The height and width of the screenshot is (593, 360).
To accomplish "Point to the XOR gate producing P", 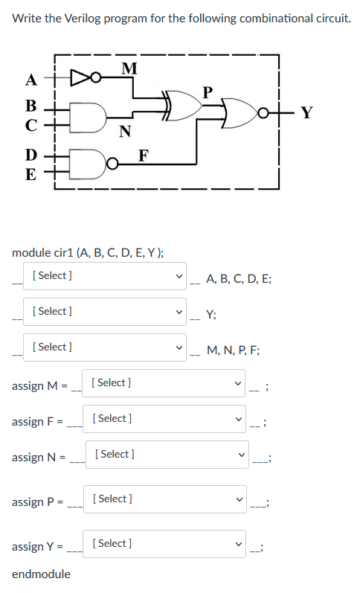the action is tap(182, 105).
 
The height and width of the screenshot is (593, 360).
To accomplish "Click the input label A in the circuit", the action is tap(31, 80).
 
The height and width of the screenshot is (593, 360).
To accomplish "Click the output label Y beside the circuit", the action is tap(306, 112).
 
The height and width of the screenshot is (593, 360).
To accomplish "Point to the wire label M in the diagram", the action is tap(129, 68).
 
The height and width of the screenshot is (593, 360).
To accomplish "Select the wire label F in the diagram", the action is tap(144, 155).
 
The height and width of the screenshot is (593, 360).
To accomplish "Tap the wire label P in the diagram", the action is tap(208, 92).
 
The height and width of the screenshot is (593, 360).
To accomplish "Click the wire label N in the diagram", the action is tap(125, 131).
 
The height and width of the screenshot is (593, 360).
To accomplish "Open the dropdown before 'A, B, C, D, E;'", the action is tap(105, 276).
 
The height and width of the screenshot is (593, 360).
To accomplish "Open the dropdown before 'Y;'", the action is tap(105, 312).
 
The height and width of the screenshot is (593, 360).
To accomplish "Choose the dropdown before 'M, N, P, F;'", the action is tap(105, 347).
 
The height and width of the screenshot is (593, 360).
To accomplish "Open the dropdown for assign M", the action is tap(164, 383).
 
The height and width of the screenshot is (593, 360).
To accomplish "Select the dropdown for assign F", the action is tap(164, 419).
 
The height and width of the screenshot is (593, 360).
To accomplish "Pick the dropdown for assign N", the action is tap(167, 454).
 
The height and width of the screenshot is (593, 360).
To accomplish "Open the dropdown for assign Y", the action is tap(164, 543).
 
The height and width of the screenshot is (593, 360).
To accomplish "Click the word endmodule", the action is tap(41, 574).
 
